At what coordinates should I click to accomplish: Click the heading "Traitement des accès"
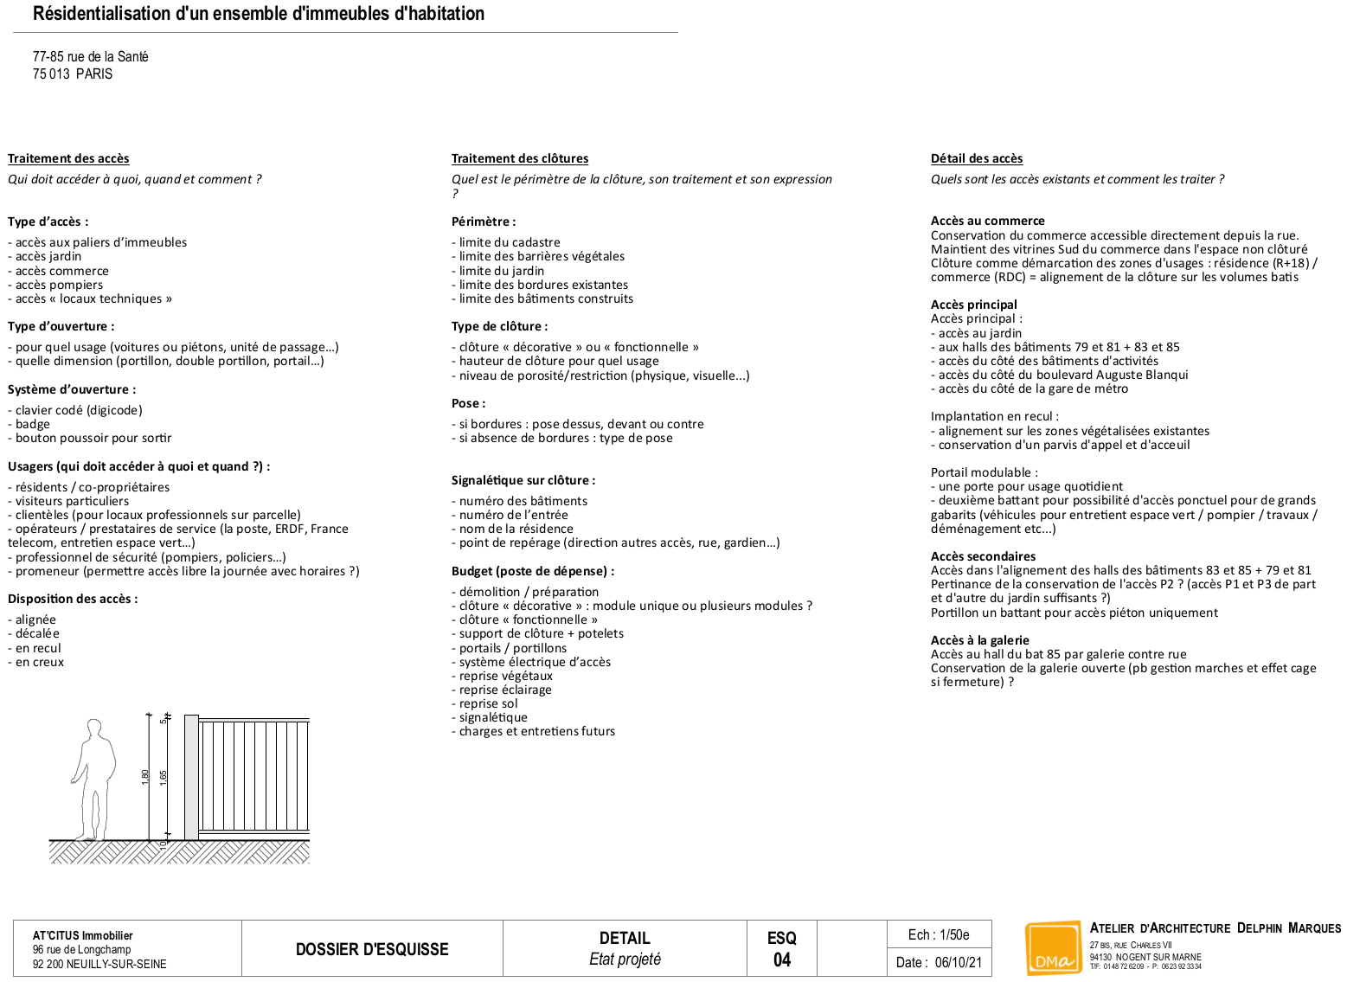point(68,158)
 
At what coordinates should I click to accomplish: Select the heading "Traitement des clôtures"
point(519,158)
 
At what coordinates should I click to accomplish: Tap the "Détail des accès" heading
point(976,158)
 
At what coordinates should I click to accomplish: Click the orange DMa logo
point(1052,948)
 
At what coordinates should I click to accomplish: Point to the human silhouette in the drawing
point(94,779)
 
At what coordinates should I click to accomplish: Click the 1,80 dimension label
point(145,777)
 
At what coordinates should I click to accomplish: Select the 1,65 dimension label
point(164,777)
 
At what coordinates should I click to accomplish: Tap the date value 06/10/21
point(958,962)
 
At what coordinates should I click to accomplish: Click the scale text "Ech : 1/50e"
point(939,934)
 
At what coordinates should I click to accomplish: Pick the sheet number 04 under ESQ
point(781,960)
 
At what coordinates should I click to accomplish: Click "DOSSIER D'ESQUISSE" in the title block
point(372,949)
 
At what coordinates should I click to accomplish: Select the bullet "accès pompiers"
point(58,285)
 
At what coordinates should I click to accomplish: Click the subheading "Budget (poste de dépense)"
point(532,571)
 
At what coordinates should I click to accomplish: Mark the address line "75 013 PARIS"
point(73,74)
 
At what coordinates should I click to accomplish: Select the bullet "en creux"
point(39,662)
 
